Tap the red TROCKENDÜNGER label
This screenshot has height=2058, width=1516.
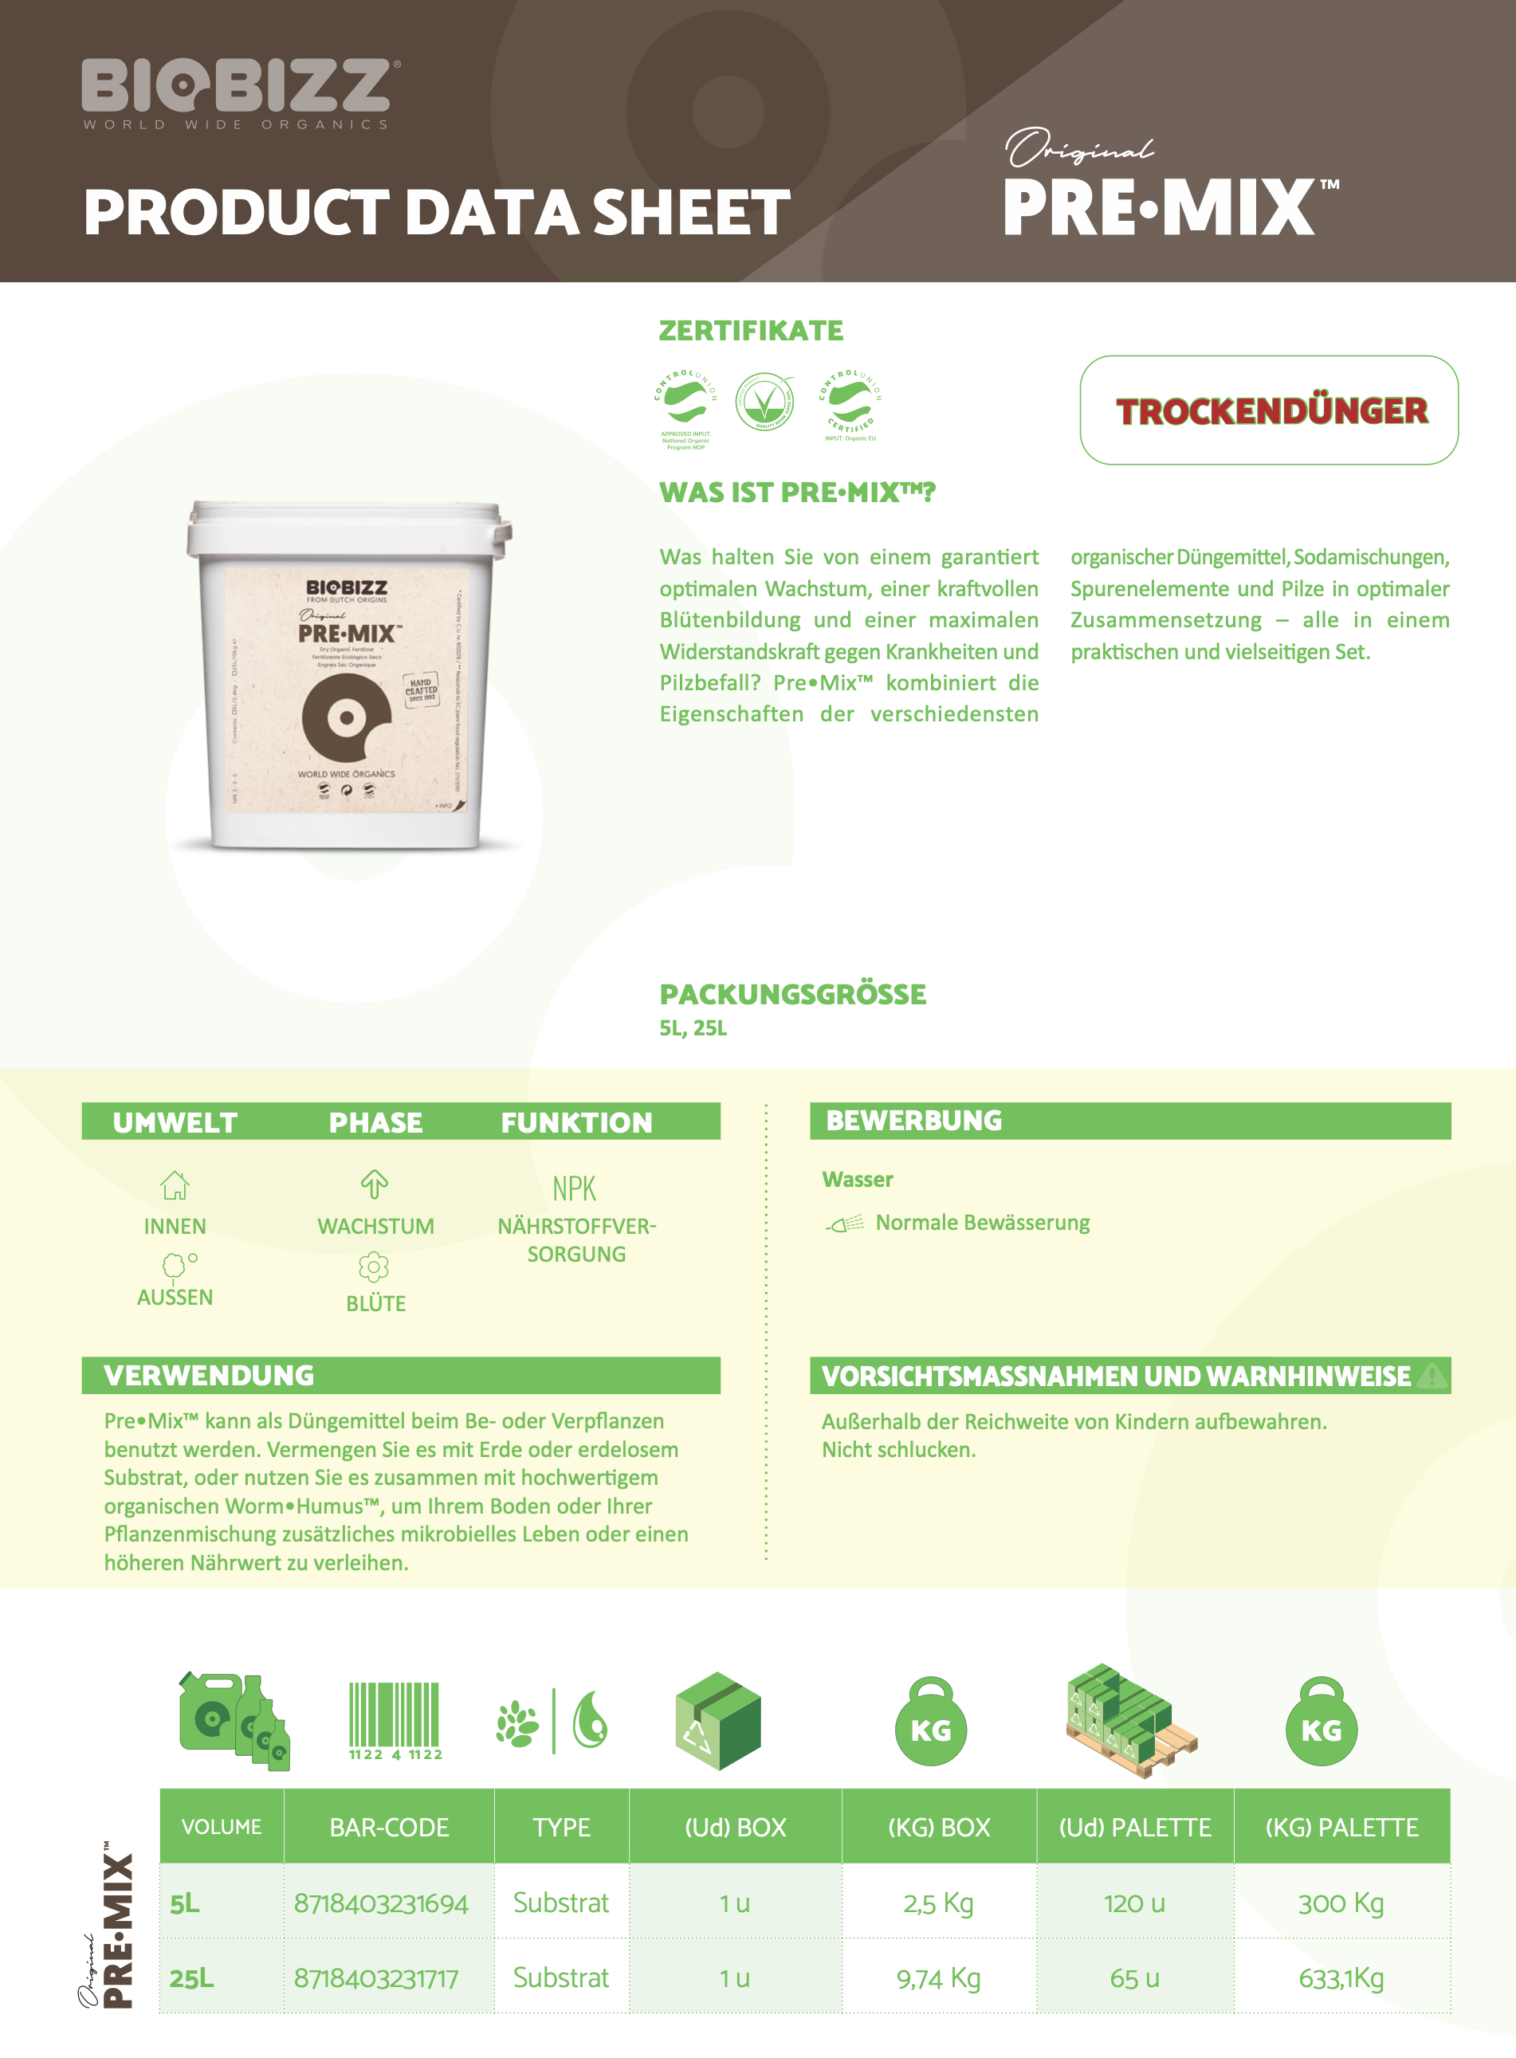[1271, 411]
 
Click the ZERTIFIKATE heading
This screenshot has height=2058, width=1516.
[751, 330]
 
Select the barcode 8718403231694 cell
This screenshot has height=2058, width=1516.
[381, 1903]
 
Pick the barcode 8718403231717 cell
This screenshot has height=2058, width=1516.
[376, 1978]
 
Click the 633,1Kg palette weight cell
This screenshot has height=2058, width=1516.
[1341, 1978]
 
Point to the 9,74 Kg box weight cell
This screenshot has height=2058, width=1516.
[938, 1978]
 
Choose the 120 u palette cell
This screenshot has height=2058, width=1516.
[1134, 1903]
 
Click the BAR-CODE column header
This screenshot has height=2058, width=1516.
[389, 1827]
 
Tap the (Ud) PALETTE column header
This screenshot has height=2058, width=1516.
[1134, 1827]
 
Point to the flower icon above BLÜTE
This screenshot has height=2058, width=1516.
[374, 1267]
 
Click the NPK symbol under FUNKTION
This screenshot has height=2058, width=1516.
[575, 1189]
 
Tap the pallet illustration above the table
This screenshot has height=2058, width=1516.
[1130, 1720]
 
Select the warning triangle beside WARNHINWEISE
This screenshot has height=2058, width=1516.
[1432, 1376]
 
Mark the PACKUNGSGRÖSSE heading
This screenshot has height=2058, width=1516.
[793, 994]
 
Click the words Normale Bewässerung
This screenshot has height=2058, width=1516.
[982, 1223]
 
